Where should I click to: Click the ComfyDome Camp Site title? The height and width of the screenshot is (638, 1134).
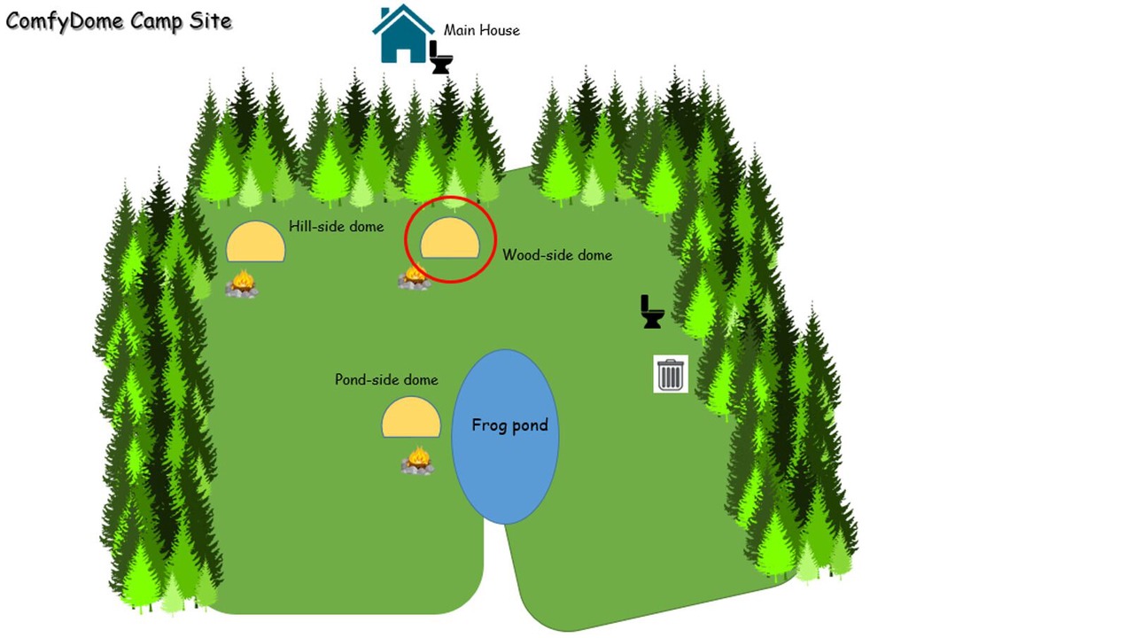[x=119, y=21]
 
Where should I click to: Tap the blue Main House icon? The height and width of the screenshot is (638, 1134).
[x=403, y=34]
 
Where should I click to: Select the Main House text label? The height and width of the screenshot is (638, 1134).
[x=481, y=30]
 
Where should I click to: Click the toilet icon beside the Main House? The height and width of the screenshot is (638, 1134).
[x=441, y=58]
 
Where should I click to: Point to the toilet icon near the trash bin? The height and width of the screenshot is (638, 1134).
[x=652, y=311]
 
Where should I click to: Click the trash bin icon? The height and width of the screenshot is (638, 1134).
[x=671, y=374]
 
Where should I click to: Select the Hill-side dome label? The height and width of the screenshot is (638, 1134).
[x=336, y=226]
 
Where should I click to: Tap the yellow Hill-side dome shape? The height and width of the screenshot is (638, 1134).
[x=256, y=242]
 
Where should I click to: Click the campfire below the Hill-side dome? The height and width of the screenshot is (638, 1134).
[x=242, y=284]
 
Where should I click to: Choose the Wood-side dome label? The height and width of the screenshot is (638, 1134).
[x=557, y=254]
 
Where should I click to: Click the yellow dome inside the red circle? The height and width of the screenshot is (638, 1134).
[x=450, y=238]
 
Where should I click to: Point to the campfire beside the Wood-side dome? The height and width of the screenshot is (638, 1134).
[x=414, y=278]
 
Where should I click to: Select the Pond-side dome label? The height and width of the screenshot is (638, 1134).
[x=386, y=380]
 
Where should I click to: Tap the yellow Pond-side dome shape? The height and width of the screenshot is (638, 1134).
[x=411, y=416]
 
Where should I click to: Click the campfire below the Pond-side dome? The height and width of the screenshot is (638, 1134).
[x=417, y=460]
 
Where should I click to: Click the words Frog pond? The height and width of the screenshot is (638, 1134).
[x=509, y=424]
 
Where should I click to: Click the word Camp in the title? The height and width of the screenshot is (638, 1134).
[x=155, y=21]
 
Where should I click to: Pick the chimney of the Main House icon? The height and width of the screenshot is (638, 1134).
[x=385, y=13]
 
